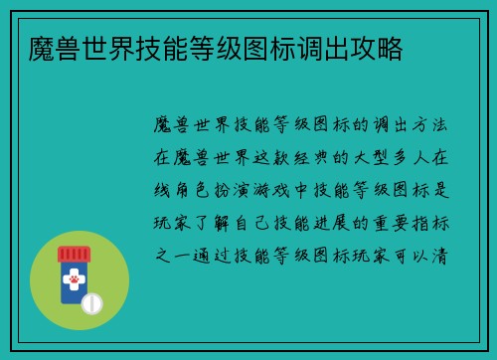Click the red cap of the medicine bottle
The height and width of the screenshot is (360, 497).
74,255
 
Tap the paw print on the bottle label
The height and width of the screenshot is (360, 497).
75,281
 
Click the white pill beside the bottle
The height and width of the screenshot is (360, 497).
93,301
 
